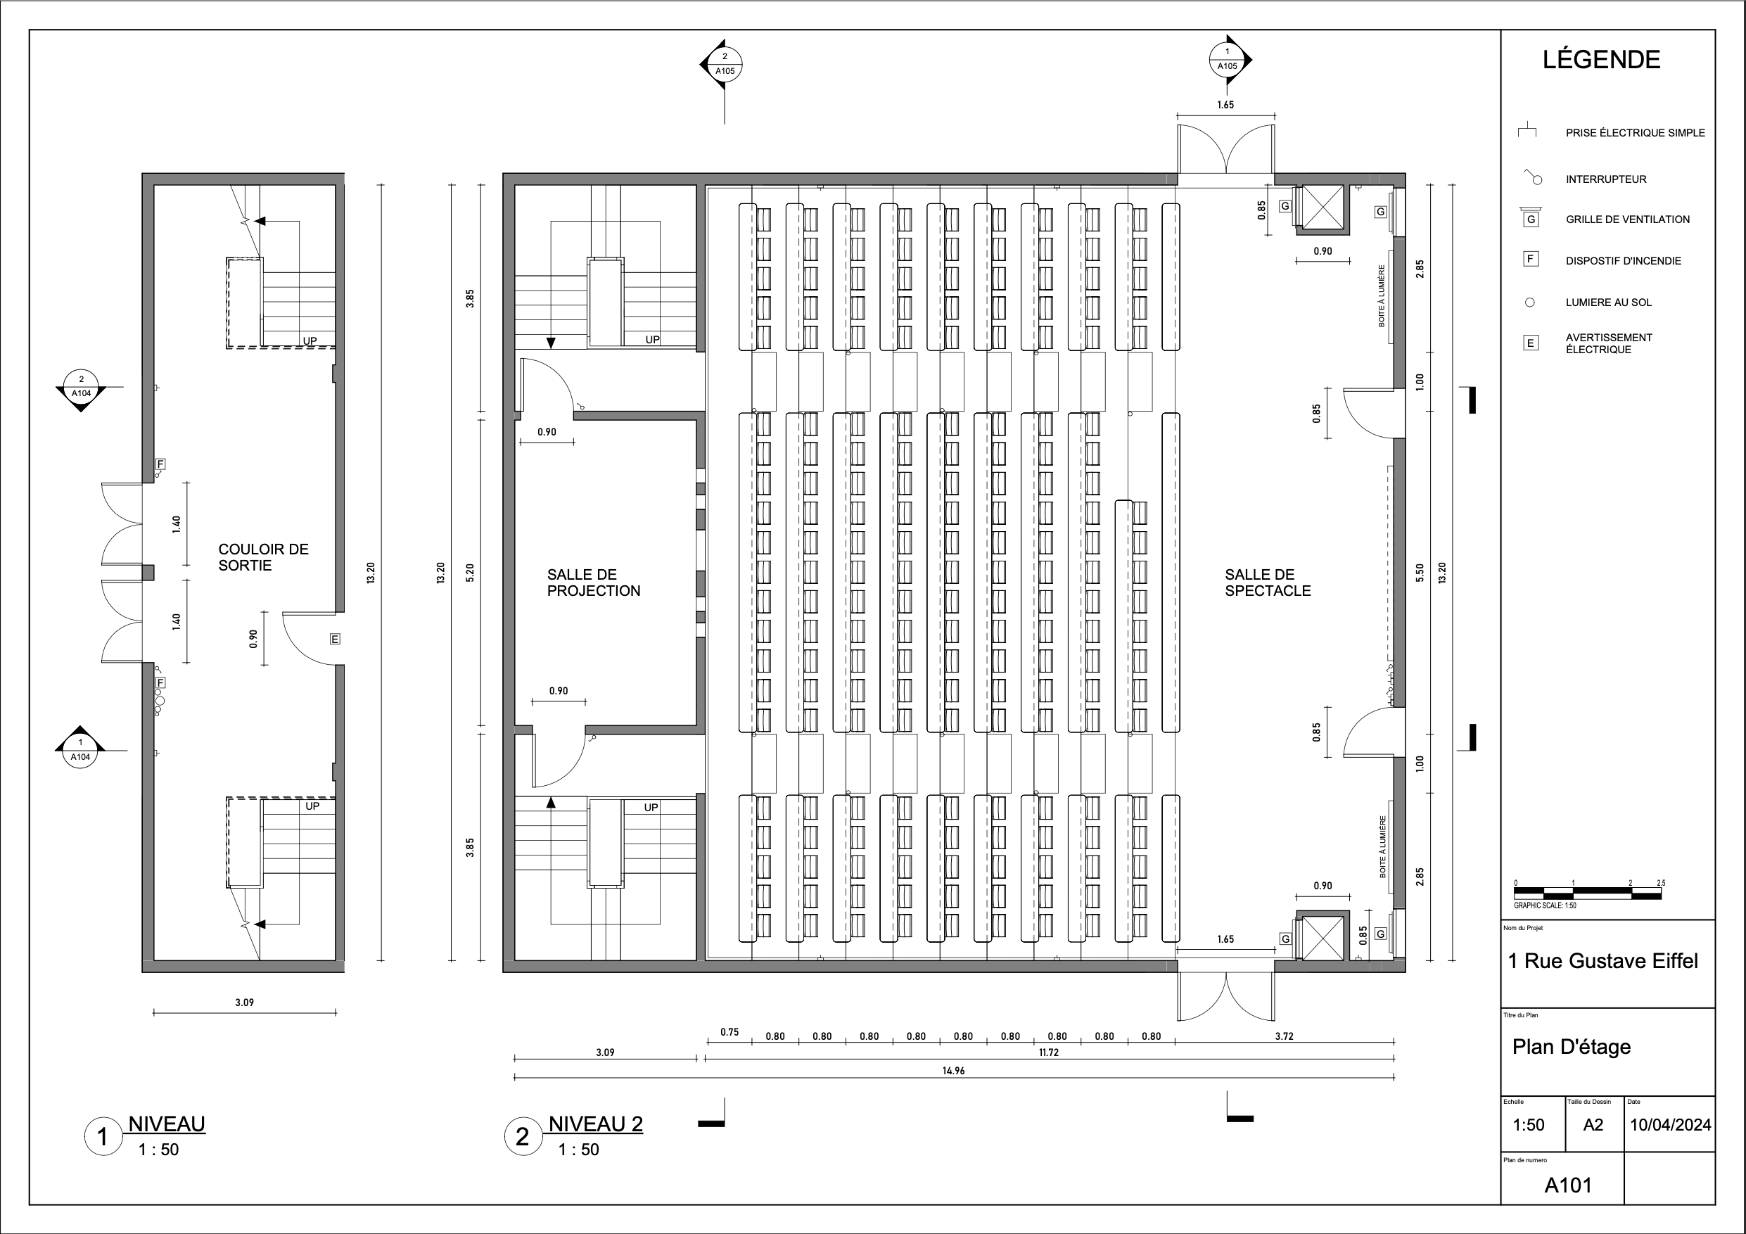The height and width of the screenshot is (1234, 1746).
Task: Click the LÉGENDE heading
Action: (1601, 60)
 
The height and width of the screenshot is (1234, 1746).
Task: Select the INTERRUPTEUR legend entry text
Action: (1605, 179)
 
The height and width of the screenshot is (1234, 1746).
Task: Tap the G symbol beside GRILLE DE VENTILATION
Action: (1531, 220)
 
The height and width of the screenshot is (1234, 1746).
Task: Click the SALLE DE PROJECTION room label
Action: (593, 583)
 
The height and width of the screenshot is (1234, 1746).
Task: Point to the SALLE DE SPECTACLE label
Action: (1267, 583)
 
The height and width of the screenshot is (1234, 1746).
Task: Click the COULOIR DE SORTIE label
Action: (263, 556)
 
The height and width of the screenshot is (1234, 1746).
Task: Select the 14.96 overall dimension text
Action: (953, 1071)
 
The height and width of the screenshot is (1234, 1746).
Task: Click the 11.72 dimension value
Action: (1049, 1052)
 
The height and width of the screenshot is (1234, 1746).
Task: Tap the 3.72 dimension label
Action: (1284, 1036)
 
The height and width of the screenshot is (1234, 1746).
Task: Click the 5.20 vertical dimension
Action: (470, 573)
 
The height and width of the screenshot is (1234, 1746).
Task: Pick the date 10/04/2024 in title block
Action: (1670, 1124)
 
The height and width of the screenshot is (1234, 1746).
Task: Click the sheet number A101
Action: (1567, 1185)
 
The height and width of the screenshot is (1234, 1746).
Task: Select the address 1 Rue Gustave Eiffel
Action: (1602, 961)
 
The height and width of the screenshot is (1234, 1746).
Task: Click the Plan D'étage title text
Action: (1571, 1047)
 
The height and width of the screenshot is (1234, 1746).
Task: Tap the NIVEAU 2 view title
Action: (595, 1124)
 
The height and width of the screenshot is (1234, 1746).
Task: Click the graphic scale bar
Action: (1588, 893)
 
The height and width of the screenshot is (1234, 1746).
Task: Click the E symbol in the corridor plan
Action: (335, 639)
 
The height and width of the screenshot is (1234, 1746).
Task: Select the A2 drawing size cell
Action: (1593, 1124)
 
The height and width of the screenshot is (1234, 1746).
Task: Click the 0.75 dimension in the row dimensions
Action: (729, 1032)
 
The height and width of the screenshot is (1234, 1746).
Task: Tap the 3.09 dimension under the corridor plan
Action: (244, 1002)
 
